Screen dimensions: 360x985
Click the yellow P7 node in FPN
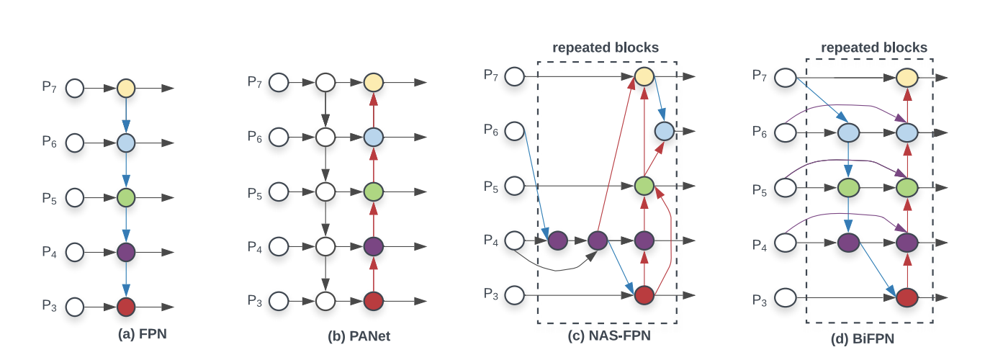126,89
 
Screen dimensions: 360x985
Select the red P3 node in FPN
126,307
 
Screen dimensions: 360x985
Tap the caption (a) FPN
143,334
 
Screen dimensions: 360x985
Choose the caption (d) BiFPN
869,338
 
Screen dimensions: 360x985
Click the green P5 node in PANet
373,192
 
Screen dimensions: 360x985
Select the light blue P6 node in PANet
373,136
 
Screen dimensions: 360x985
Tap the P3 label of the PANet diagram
256,300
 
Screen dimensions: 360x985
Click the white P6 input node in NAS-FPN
515,131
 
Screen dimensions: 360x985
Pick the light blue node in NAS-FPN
664,131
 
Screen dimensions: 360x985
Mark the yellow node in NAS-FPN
644,76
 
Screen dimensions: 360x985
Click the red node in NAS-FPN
644,294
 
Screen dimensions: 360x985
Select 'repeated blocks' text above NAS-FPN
606,48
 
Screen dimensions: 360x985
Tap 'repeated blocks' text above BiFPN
874,48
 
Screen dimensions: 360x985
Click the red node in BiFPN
907,296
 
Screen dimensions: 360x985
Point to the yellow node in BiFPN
907,77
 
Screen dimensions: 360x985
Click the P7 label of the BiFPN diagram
760,75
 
